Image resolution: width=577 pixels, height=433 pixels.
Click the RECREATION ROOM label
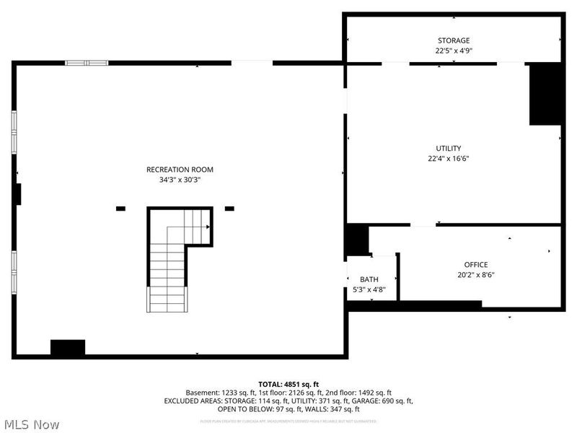coord(180,170)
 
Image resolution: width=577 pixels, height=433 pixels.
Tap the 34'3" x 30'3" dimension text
coord(180,180)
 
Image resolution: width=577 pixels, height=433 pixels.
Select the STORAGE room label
coord(453,40)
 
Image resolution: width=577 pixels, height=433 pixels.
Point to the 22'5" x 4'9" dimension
coord(453,51)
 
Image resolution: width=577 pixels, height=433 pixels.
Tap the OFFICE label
coord(476,265)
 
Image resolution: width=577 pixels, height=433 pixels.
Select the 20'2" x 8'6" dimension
coord(476,274)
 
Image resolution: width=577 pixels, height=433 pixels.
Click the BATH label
coord(369,279)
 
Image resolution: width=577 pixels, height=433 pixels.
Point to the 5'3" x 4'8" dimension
coord(369,289)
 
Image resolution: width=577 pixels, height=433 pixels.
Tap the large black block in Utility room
coord(545,94)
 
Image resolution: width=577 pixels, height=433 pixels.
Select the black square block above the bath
coord(356,240)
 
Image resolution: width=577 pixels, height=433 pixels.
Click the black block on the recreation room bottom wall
coord(68,347)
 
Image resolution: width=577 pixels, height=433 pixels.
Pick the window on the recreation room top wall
coord(87,63)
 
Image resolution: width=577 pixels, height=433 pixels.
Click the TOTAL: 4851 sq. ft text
coord(288,384)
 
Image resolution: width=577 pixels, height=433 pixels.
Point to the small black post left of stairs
coord(120,209)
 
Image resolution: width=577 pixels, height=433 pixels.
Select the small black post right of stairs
coord(229,209)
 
